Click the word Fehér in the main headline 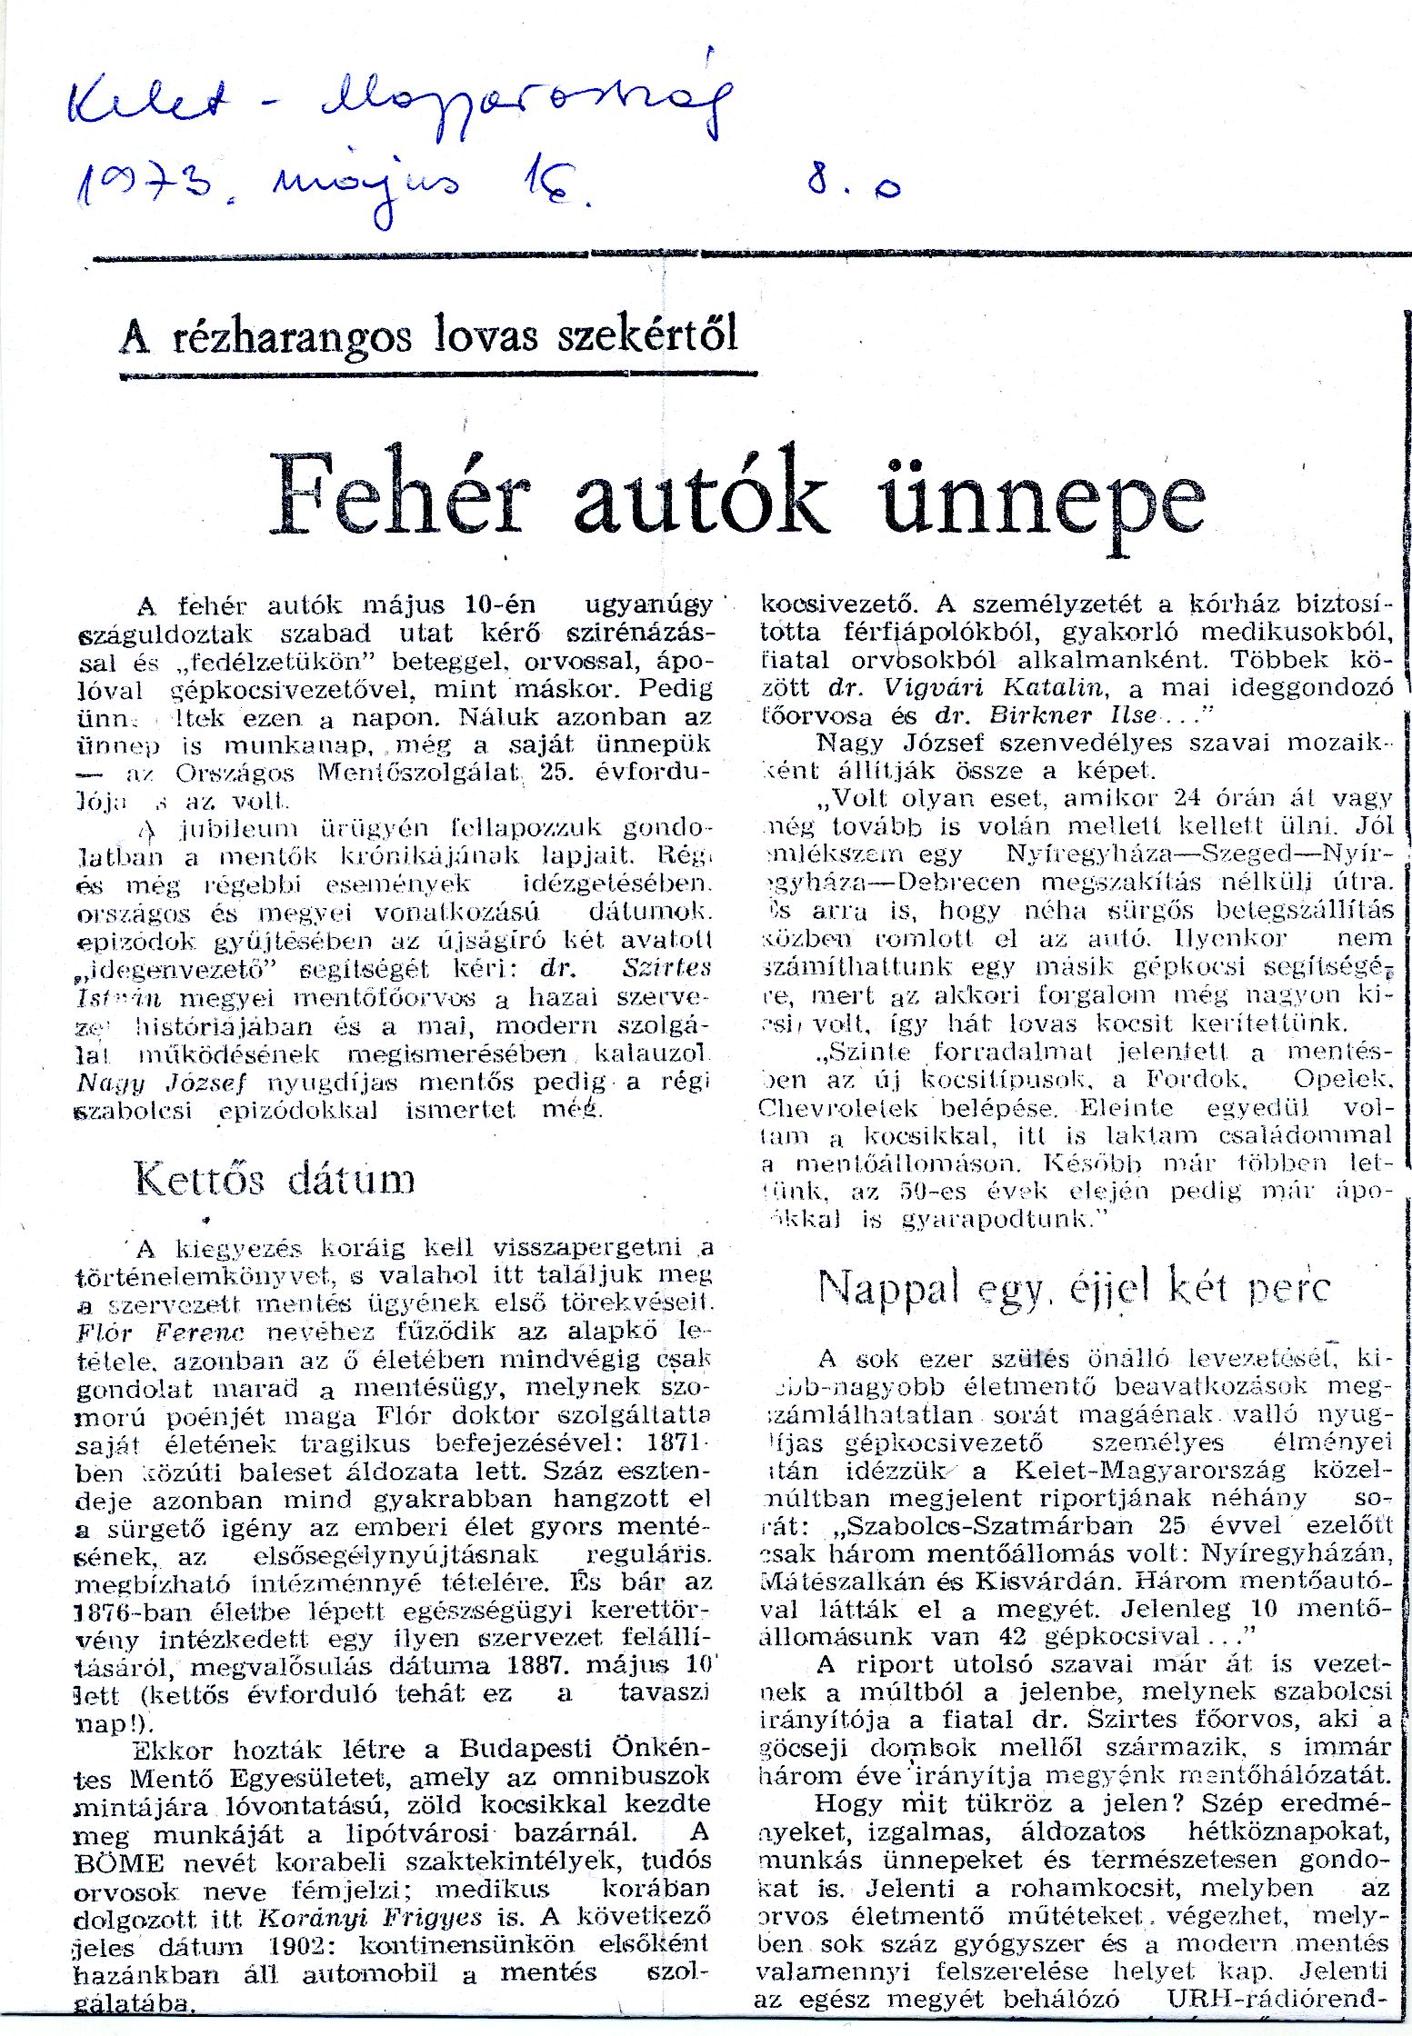coord(400,496)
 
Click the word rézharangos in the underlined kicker coord(292,336)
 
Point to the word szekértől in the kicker coord(646,334)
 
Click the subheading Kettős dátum coord(275,1179)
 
